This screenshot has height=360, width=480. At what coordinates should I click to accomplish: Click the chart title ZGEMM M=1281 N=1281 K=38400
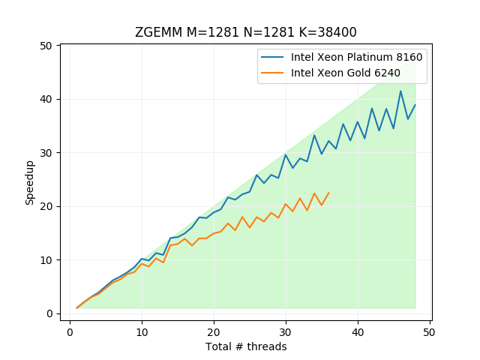(x=245, y=32)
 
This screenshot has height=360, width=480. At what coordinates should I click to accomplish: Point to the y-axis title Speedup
(x=30, y=181)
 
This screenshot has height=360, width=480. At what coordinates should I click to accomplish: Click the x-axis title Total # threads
(x=245, y=346)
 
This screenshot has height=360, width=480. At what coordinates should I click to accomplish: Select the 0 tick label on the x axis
(x=70, y=331)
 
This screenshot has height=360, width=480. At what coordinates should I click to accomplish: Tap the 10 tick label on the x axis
(x=142, y=331)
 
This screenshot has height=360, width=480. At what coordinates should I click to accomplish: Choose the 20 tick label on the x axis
(x=214, y=331)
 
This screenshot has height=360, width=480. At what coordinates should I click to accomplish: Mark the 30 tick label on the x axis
(x=286, y=331)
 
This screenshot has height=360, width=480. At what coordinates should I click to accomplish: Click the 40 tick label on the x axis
(x=358, y=331)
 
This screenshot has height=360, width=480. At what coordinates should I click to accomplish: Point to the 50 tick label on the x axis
(x=430, y=331)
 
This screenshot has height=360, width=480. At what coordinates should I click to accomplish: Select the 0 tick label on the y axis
(x=49, y=313)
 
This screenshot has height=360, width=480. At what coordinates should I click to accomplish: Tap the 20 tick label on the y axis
(x=46, y=206)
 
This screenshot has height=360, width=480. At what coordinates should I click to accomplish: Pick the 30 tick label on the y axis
(x=46, y=153)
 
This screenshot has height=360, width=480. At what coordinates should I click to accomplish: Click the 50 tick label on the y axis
(x=46, y=46)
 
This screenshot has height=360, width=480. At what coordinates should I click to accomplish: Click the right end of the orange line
(x=328, y=193)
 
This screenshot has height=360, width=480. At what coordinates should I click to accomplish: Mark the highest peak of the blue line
(x=400, y=91)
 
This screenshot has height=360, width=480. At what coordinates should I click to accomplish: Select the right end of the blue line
(x=415, y=105)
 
